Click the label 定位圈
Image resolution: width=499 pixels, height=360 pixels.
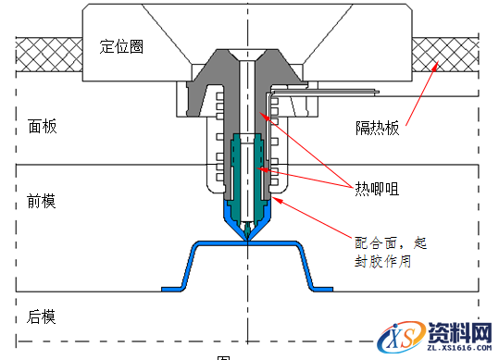click(x=121, y=47)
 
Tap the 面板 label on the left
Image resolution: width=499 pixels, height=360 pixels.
click(x=42, y=126)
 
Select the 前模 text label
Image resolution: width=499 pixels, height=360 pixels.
click(x=42, y=201)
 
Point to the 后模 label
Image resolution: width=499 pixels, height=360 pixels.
click(x=42, y=317)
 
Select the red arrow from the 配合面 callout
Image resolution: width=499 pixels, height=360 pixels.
click(x=315, y=217)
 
